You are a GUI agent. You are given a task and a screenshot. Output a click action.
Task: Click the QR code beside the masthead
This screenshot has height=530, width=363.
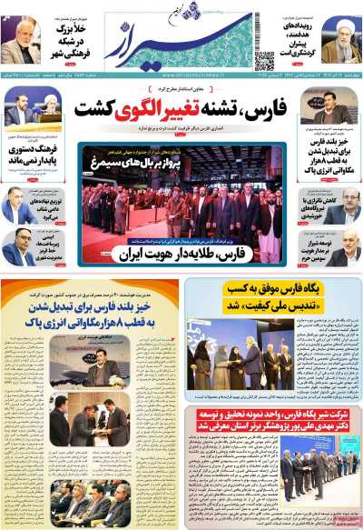(x=264, y=61)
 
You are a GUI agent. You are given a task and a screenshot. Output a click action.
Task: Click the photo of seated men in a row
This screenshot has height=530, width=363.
(x=91, y=500)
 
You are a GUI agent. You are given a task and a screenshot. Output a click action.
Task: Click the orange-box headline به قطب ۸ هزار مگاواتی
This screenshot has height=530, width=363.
(x=91, y=322)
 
